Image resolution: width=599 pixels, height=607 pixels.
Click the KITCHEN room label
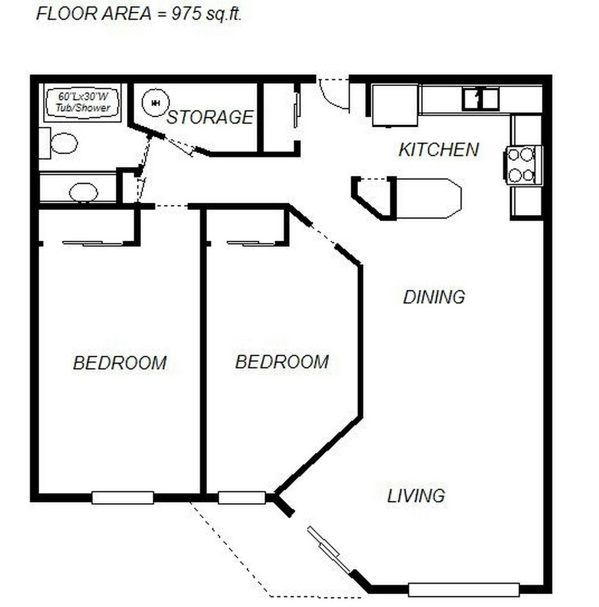439,150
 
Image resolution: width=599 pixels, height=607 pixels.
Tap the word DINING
434,297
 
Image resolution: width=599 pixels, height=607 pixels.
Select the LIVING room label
416,496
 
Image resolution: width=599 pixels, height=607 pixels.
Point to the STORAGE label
210,117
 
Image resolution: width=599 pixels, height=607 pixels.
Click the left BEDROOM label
120,363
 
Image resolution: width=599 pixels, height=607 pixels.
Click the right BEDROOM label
282,362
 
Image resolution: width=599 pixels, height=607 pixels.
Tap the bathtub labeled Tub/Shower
82,103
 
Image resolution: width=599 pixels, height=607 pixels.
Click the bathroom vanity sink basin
83,192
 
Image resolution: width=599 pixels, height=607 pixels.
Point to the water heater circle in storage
156,103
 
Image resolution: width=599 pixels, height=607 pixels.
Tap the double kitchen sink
480,99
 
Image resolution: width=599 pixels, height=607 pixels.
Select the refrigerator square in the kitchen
395,105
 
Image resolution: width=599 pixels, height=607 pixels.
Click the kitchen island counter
428,199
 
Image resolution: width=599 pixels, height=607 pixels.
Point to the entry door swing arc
332,97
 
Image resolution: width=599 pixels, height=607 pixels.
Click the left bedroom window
122,497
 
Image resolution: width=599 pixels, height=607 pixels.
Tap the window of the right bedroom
242,497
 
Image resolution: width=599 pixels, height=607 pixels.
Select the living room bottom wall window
464,589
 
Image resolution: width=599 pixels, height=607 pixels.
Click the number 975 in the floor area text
187,14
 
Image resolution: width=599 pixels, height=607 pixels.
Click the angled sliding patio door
329,550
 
